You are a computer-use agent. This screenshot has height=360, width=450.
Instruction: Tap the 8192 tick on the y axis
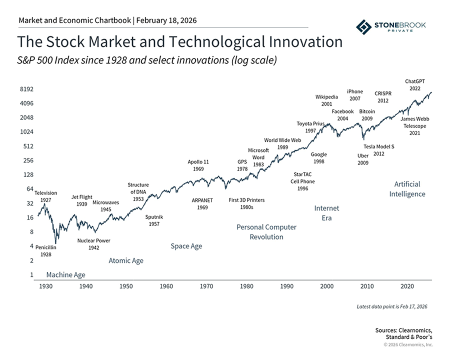(x=26, y=89)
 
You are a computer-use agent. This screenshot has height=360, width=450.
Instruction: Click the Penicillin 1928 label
(x=46, y=251)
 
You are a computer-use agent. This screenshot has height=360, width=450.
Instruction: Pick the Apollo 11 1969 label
(x=198, y=165)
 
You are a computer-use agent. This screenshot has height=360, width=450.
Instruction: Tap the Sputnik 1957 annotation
(x=154, y=220)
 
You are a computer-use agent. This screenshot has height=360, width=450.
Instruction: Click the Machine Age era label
(x=65, y=274)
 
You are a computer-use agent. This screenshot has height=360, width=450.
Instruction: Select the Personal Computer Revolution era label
(x=266, y=232)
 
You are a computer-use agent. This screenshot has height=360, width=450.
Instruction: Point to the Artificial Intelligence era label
(x=407, y=189)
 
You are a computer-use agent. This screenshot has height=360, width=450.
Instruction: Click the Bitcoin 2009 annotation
(x=367, y=115)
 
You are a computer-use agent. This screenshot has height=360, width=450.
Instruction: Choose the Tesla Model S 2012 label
(x=378, y=150)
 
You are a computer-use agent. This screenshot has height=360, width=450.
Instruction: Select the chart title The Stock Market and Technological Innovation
(x=180, y=41)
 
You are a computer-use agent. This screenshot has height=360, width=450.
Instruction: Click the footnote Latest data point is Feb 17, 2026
(x=392, y=306)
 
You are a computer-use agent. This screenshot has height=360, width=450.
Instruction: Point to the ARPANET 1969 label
(x=202, y=203)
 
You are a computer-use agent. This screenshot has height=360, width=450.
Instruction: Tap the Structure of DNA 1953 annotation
(x=138, y=192)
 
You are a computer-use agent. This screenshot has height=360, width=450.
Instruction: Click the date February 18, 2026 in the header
(x=166, y=20)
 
